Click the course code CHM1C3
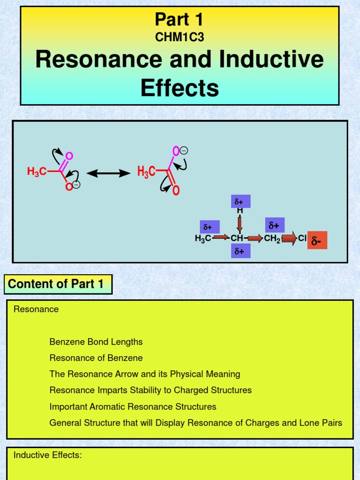[180, 37]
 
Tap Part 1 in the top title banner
[180, 20]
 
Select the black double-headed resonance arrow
[108, 173]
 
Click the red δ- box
[317, 241]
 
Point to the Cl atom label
[302, 239]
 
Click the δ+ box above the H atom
[240, 201]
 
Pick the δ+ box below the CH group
[240, 251]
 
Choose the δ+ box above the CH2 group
[274, 225]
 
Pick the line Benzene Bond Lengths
[96, 342]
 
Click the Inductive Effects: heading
[47, 455]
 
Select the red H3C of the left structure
[36, 172]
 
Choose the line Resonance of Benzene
[96, 358]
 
